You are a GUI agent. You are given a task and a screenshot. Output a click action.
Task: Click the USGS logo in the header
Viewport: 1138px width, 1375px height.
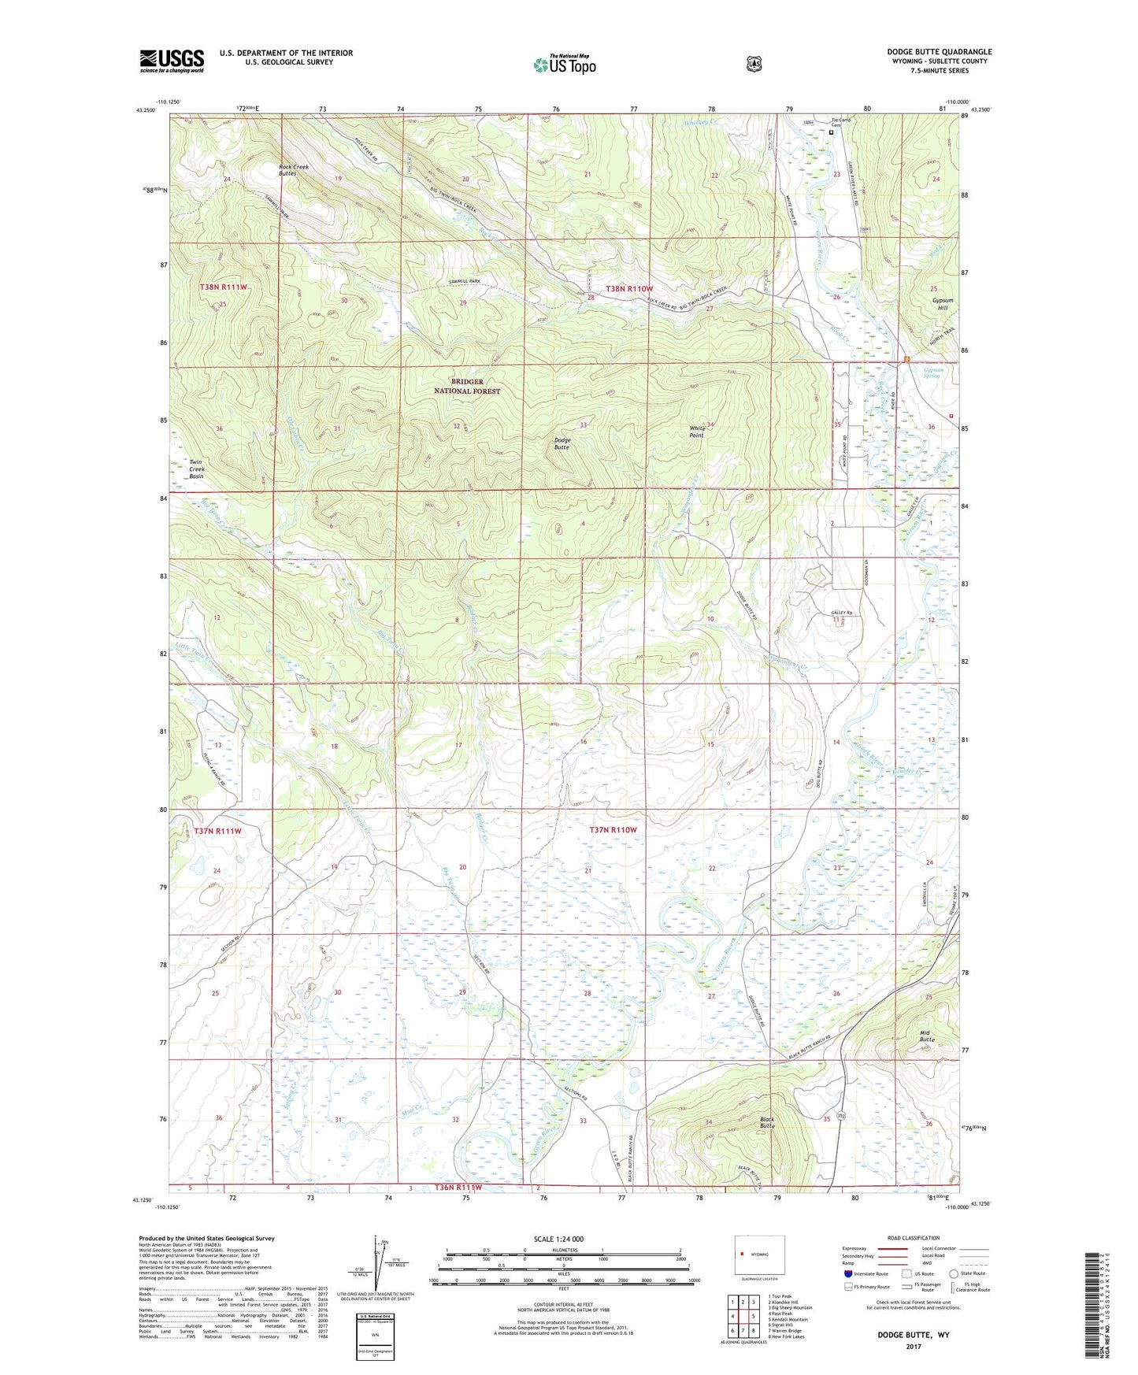172,61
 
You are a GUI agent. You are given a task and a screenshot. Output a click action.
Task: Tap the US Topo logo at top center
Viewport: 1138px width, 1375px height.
564,65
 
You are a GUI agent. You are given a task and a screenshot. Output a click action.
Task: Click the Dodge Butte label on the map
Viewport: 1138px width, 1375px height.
562,443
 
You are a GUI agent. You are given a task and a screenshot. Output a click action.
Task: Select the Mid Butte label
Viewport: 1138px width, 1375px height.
927,1036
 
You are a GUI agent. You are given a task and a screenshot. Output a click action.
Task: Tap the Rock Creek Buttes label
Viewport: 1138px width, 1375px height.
293,170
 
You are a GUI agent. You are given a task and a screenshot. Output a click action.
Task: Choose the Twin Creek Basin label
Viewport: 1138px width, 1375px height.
196,469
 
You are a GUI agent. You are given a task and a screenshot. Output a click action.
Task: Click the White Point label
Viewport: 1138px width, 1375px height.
696,432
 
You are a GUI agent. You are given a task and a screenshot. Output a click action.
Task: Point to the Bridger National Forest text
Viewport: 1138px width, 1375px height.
467,386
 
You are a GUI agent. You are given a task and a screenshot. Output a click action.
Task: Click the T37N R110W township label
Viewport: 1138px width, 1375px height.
613,830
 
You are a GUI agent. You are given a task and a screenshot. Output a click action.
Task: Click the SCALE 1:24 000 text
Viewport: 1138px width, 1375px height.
558,1239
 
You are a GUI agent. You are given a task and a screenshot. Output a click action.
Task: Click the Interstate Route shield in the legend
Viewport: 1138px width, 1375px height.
847,1273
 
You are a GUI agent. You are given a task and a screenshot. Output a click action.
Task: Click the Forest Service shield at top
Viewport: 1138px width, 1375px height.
754,64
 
